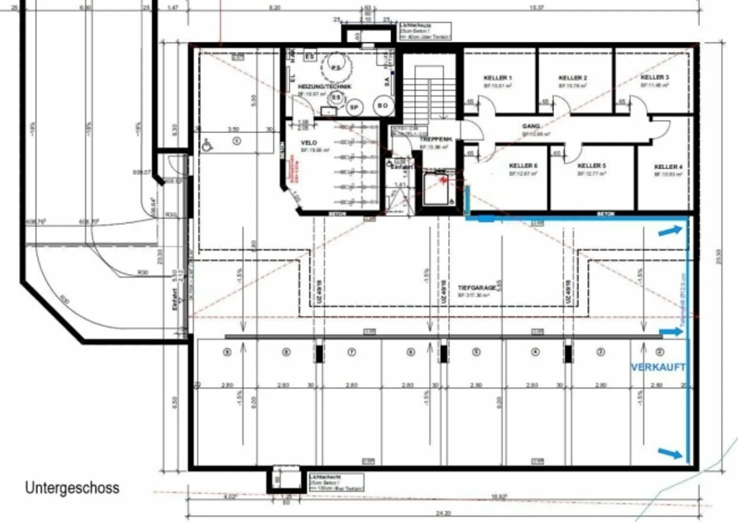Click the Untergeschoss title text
coord(72,488)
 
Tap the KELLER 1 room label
coord(497,78)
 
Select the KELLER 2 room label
coord(572,78)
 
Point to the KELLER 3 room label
coord(654,77)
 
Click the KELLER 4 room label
coord(668,167)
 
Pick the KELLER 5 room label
coord(591,166)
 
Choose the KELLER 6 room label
coord(523,166)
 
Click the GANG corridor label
coord(531,126)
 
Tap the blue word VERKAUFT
coord(658,367)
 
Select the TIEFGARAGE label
coord(477,288)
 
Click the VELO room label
coord(309,143)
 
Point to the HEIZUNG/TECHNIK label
coord(324,87)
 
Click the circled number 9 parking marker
coord(227,352)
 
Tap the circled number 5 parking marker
coord(476,352)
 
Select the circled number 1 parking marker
coord(236,140)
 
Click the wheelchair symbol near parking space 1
coord(208,145)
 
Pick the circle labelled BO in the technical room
coord(383,106)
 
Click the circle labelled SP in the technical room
coord(354,107)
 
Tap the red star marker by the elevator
coord(442,179)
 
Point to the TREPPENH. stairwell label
coord(435,139)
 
